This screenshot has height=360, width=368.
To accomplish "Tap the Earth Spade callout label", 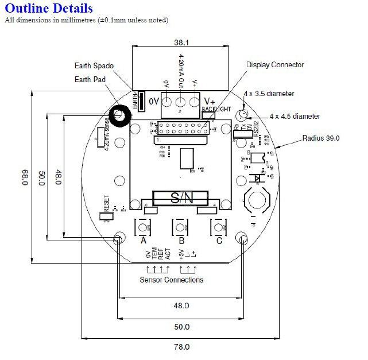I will (x=94, y=66).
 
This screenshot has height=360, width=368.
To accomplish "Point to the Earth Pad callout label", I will (x=90, y=79).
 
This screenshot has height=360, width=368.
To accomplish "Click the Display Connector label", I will (x=275, y=65).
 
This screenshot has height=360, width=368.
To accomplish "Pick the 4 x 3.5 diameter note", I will (x=269, y=93).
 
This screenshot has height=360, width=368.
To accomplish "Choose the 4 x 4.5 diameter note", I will (x=295, y=117).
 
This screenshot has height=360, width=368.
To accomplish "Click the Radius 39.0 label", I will (x=321, y=138).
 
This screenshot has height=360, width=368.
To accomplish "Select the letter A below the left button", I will (x=143, y=241).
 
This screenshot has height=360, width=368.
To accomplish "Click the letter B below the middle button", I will (x=181, y=241).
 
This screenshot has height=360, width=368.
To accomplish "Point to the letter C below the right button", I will (x=219, y=241).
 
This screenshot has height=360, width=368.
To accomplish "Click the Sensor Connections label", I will (x=172, y=280).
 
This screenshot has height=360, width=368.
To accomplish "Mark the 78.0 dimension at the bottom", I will (x=181, y=347).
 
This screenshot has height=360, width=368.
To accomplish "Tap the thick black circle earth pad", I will (x=121, y=117).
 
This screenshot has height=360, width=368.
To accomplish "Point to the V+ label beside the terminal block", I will (x=210, y=101).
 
